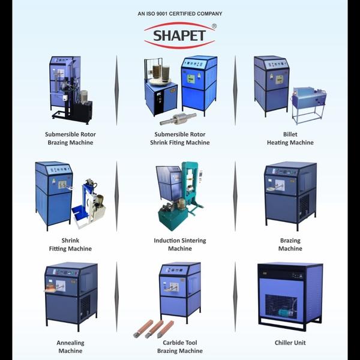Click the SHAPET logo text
179,35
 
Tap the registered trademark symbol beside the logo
214,26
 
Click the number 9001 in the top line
162,14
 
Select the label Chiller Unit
290,343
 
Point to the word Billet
290,134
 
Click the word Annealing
70,343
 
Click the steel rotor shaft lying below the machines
178,118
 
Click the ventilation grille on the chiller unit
281,307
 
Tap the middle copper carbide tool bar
154,329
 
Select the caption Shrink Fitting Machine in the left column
70,245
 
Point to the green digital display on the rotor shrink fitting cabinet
191,79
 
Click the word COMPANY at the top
209,14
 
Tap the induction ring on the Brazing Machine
271,189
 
